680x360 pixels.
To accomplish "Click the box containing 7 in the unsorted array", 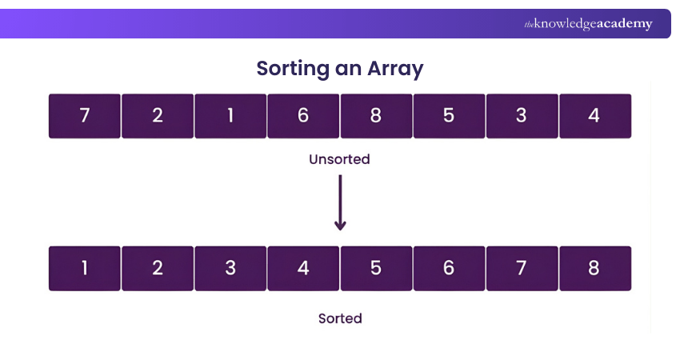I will click(85, 116).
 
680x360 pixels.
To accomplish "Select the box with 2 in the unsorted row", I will click(158, 116).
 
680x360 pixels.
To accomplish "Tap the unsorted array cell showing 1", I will click(230, 116).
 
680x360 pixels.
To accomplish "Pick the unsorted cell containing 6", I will click(303, 116).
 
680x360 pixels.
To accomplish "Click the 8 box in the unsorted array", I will click(376, 116).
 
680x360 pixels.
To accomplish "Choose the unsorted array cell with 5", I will click(449, 116).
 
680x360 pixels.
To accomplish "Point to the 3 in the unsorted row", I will click(522, 116).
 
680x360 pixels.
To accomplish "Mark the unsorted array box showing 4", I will click(594, 116).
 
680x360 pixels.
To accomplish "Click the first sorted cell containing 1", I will click(85, 268).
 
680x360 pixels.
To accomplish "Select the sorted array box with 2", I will click(158, 268).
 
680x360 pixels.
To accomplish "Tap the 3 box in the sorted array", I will click(230, 268).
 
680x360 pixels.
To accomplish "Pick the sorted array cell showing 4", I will click(303, 268).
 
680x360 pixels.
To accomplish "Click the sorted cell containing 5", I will click(376, 268).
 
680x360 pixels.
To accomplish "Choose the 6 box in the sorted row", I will click(449, 268).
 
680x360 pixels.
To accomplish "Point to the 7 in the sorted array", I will click(522, 268).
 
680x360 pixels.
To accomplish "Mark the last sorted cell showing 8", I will click(594, 268).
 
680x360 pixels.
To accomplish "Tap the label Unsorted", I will click(340, 159).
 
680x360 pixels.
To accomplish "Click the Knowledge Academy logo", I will click(588, 24).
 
